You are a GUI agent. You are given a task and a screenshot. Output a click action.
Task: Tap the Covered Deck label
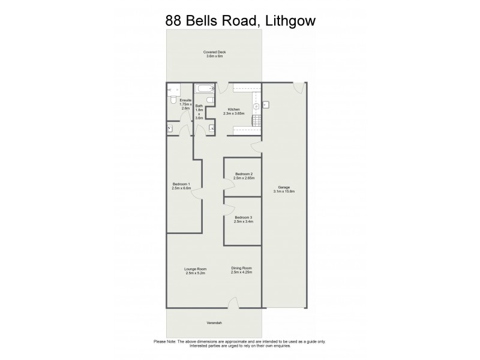(x=214, y=54)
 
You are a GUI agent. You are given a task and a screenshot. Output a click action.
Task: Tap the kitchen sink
(x=256, y=106)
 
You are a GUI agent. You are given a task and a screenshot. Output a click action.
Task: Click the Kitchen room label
(x=233, y=111)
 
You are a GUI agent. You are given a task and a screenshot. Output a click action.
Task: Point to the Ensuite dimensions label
(x=185, y=104)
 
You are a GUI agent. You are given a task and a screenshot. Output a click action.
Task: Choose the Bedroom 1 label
(x=181, y=185)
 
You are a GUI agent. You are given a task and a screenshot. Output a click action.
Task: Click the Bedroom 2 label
(x=245, y=176)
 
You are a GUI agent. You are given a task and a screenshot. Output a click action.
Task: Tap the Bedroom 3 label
(x=243, y=219)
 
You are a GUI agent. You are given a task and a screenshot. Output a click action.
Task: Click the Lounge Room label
(x=195, y=271)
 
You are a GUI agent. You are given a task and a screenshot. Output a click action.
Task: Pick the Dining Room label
(x=241, y=271)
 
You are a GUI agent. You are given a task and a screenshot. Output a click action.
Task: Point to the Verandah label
(x=214, y=323)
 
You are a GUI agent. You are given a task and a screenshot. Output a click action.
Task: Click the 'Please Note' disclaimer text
(x=240, y=343)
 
